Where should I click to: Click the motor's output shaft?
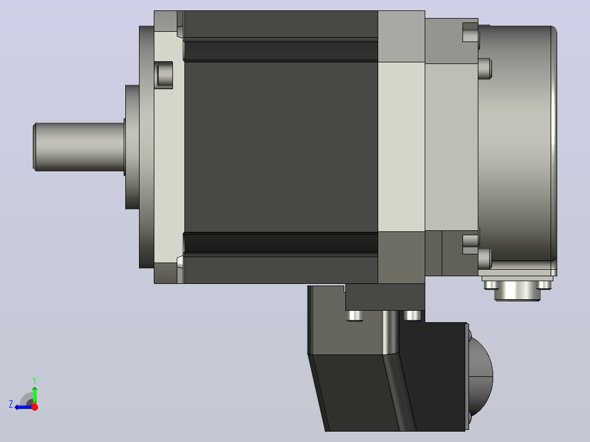[79, 147]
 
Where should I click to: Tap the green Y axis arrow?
[34, 394]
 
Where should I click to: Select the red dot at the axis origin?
[34, 407]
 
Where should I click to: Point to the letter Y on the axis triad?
[34, 380]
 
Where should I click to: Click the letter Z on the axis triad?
[11, 404]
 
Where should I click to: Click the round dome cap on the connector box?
[481, 376]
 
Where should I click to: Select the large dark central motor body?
[281, 147]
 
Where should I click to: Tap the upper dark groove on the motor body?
[281, 51]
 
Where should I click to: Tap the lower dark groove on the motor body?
[281, 243]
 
